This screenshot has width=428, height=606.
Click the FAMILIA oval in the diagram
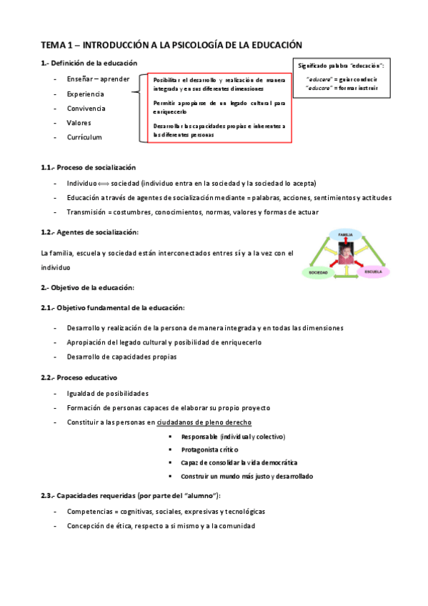pos(345,234)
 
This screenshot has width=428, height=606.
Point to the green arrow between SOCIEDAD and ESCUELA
pos(346,276)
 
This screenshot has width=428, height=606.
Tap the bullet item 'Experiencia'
pos(85,94)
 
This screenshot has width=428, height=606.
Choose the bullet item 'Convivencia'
pos(86,108)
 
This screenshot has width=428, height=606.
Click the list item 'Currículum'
pos(84,136)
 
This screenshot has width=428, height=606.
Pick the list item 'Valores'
pos(79,122)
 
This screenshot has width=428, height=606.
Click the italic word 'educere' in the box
pos(318,79)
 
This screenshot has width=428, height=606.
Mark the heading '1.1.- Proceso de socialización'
pos(88,167)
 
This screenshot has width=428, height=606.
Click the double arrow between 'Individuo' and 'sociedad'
pos(100,183)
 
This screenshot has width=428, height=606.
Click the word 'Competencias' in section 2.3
pos(89,512)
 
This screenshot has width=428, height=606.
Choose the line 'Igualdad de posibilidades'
pos(107,393)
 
